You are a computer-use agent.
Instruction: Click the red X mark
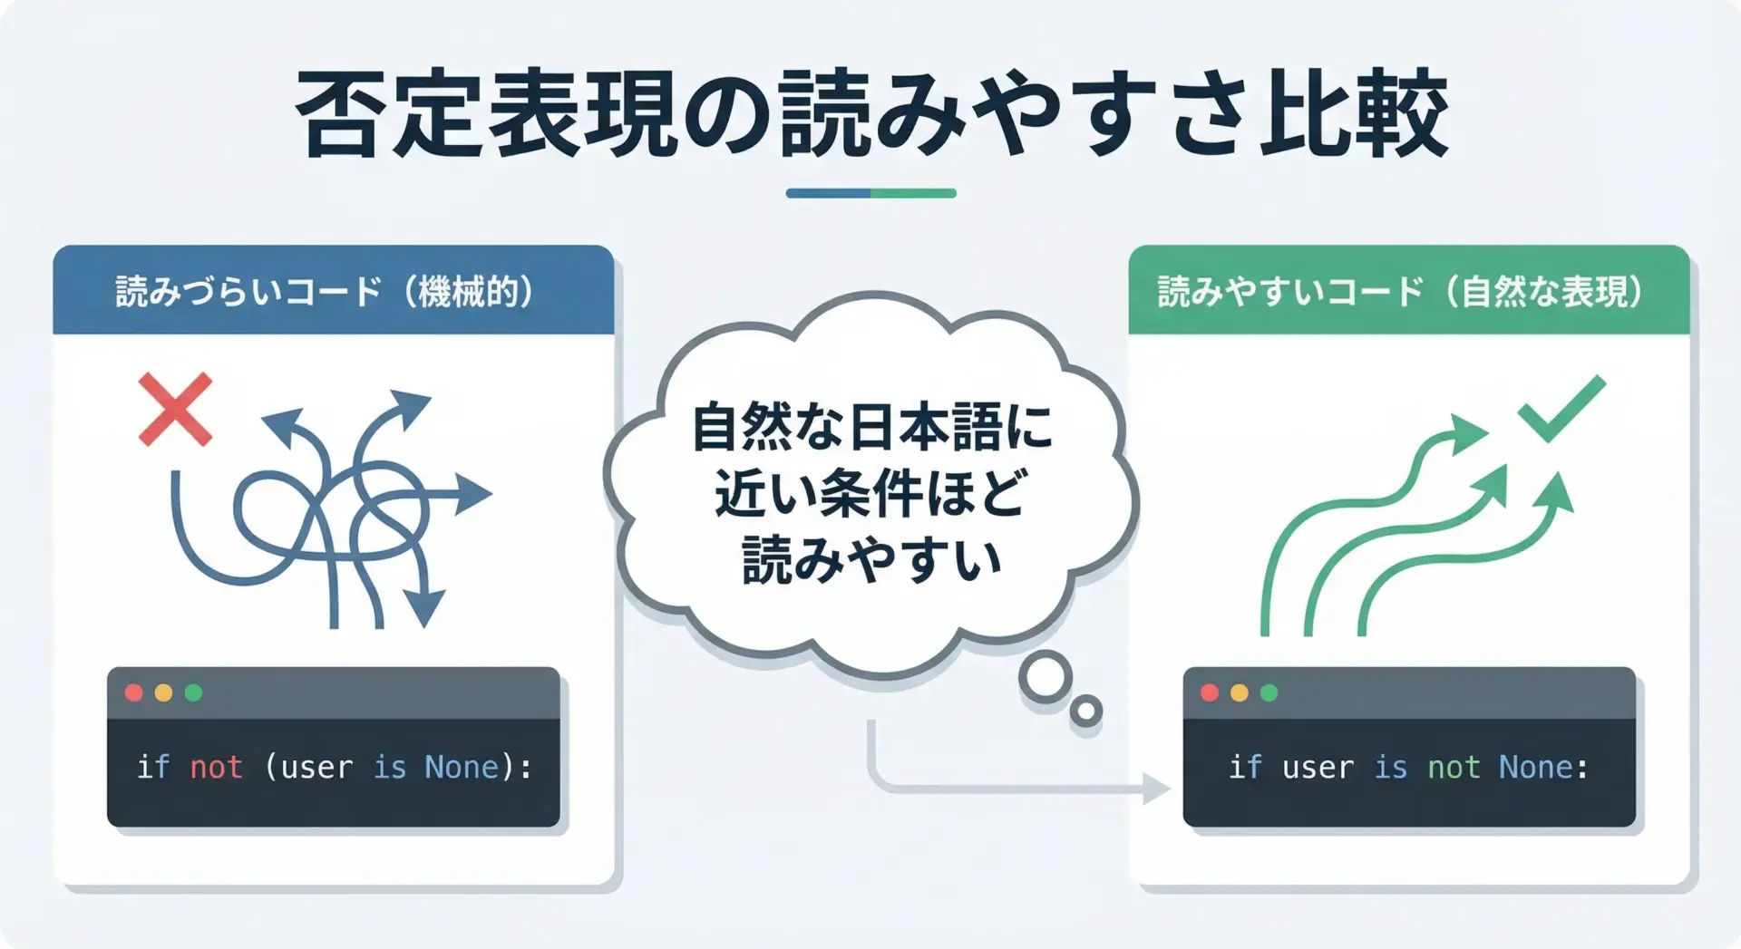point(175,409)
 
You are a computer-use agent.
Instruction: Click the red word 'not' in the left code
point(216,767)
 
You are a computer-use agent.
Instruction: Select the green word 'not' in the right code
point(1454,767)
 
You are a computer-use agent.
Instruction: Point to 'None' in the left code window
point(462,767)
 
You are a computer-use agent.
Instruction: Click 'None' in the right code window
point(1536,767)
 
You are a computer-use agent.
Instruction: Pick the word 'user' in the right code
point(1318,768)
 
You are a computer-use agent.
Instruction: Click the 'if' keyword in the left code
point(153,767)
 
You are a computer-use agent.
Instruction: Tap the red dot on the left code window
point(134,693)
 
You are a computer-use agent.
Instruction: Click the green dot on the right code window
point(1269,693)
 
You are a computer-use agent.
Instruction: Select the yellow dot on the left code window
point(164,693)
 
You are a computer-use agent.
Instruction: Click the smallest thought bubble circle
point(1085,712)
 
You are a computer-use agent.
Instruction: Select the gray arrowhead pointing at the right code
point(1156,789)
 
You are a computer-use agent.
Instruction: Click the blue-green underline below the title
point(870,193)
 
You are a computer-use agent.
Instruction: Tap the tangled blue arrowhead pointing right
point(473,494)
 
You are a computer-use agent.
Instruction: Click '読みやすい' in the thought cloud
point(870,559)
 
